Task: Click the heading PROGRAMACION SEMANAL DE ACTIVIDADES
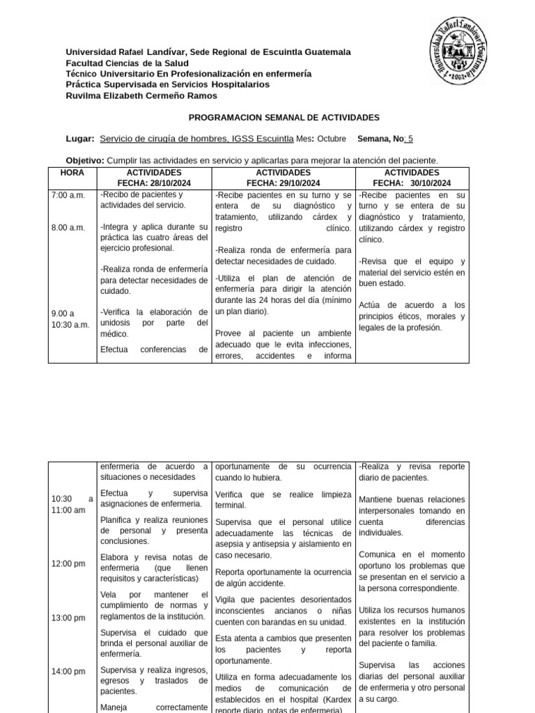(284, 118)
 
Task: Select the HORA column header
(72, 172)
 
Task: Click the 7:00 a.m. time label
(68, 195)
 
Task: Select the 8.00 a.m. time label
(68, 227)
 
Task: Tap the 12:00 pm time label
(68, 564)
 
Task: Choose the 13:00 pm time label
(68, 618)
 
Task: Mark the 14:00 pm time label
(68, 671)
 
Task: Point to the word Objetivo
(84, 160)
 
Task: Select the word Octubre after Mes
(332, 139)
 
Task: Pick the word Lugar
(79, 139)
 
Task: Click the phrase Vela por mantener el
(154, 594)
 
